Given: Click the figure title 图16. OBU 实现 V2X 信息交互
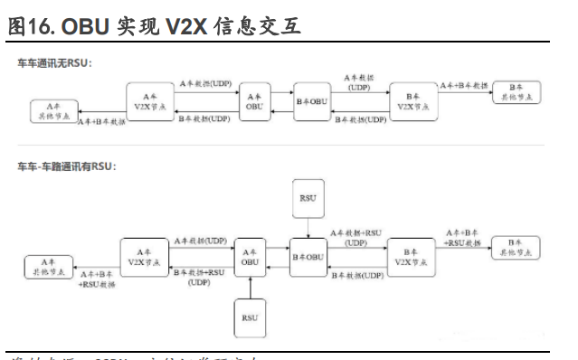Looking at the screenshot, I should (154, 26).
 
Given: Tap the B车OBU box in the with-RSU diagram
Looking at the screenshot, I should (308, 256).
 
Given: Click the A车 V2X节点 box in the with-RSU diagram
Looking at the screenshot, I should (144, 256).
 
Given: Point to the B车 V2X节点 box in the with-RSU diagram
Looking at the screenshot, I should (412, 256).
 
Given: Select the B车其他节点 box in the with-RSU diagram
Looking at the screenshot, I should (515, 248).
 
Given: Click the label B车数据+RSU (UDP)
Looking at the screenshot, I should (201, 277).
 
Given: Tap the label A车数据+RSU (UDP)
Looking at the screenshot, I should (356, 237).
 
